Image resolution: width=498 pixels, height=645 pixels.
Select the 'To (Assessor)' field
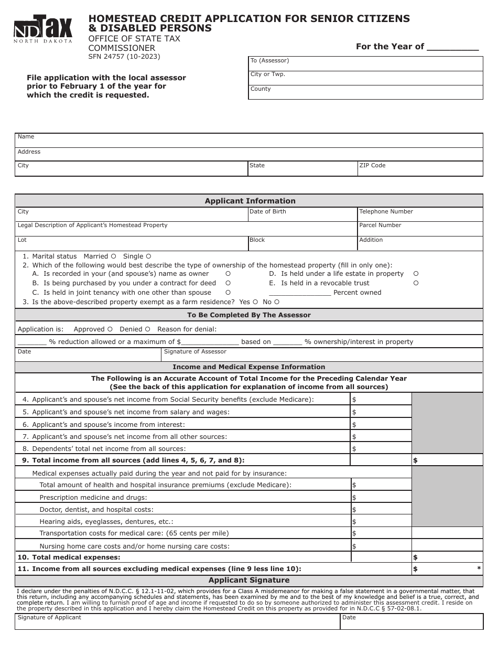pos(365,64)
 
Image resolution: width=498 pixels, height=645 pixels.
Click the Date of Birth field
pos(302,215)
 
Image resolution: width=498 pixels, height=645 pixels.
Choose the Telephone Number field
pos(419,215)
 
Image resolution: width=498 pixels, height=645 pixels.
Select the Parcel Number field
pos(419,229)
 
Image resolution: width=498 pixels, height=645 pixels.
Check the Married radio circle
pos(113,256)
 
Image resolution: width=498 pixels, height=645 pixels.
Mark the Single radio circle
pos(148,256)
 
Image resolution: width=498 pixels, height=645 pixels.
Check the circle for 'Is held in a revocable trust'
pos(416,283)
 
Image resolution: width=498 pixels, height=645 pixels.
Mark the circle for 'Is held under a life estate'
pos(416,274)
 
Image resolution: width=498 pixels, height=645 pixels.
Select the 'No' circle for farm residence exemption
pos(277,302)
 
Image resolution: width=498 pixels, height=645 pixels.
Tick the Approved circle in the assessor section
pos(110,329)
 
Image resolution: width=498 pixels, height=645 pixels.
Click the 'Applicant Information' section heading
pos(250,201)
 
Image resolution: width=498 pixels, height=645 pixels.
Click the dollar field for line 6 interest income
pos(381,425)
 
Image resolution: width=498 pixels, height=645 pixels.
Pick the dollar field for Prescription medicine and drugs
pos(381,497)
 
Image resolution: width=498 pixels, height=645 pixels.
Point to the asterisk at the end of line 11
pos(479,569)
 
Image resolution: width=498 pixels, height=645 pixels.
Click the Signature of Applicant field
pos(177,622)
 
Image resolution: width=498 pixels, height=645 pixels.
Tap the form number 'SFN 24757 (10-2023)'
pos(124,57)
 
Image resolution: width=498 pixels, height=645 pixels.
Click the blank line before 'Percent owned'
pos(300,293)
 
